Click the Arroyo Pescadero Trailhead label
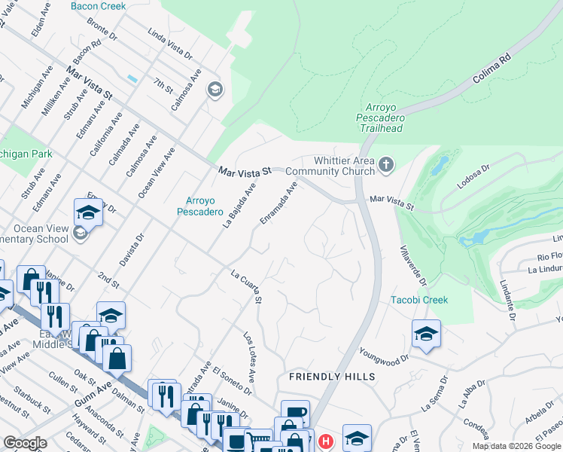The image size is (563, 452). point(381,118)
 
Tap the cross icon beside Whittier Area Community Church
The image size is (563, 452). point(386,164)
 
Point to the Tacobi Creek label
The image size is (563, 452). point(419,300)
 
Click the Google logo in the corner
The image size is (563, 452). point(25,443)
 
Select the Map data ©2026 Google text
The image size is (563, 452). point(516,446)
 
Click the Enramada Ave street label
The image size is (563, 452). point(278,201)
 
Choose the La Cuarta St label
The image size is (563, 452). point(246,287)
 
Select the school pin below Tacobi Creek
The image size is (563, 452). point(426,334)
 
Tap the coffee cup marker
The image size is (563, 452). point(295,413)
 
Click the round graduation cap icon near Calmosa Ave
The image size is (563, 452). point(215,90)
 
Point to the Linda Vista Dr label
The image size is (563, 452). point(170,46)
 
